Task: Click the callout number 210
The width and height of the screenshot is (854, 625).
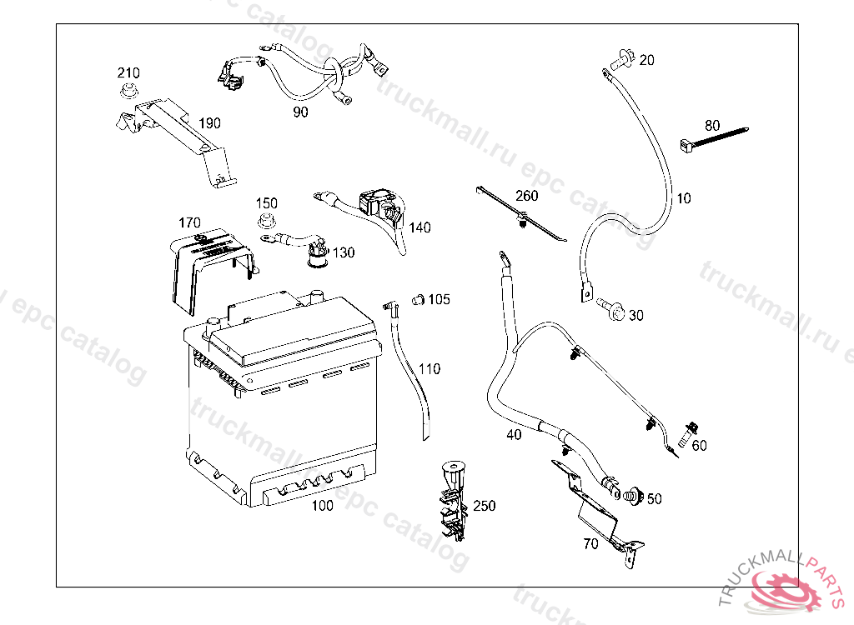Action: tap(128, 72)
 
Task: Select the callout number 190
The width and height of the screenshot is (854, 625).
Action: tap(209, 123)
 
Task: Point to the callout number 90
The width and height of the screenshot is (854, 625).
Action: tap(300, 112)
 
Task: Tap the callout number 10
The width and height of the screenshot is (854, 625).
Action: tap(684, 198)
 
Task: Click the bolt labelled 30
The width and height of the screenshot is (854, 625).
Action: tap(611, 311)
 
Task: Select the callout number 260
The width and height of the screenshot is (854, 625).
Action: tap(527, 197)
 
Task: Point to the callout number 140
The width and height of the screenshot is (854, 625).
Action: tap(420, 227)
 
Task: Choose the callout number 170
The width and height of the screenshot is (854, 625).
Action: tap(190, 222)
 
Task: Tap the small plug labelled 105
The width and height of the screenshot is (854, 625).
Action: tap(419, 298)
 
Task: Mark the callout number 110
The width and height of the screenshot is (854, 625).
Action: tap(430, 369)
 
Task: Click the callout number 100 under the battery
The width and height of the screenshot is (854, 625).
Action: tap(322, 506)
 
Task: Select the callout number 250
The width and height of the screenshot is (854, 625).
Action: tap(484, 506)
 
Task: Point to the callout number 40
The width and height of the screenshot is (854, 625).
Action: tap(514, 435)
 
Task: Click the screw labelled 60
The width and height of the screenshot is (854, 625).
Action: tap(686, 434)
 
